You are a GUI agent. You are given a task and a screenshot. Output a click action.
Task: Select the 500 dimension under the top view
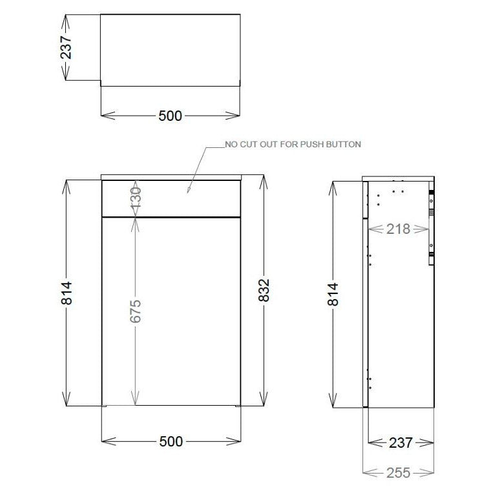coord(171,116)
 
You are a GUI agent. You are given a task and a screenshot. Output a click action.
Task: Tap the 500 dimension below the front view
coord(171,442)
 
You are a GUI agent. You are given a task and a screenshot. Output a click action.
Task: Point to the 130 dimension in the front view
coord(135,198)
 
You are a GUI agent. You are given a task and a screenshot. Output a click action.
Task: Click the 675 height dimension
coord(135,311)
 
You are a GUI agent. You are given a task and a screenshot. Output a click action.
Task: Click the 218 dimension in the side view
coord(399,228)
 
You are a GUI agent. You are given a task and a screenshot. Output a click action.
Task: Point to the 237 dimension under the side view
coord(400,443)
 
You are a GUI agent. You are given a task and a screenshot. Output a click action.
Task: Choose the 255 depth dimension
coord(399,473)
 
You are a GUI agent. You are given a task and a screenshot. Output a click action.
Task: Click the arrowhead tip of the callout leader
coord(188,192)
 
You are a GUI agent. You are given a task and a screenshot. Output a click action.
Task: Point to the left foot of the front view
coord(105,406)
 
